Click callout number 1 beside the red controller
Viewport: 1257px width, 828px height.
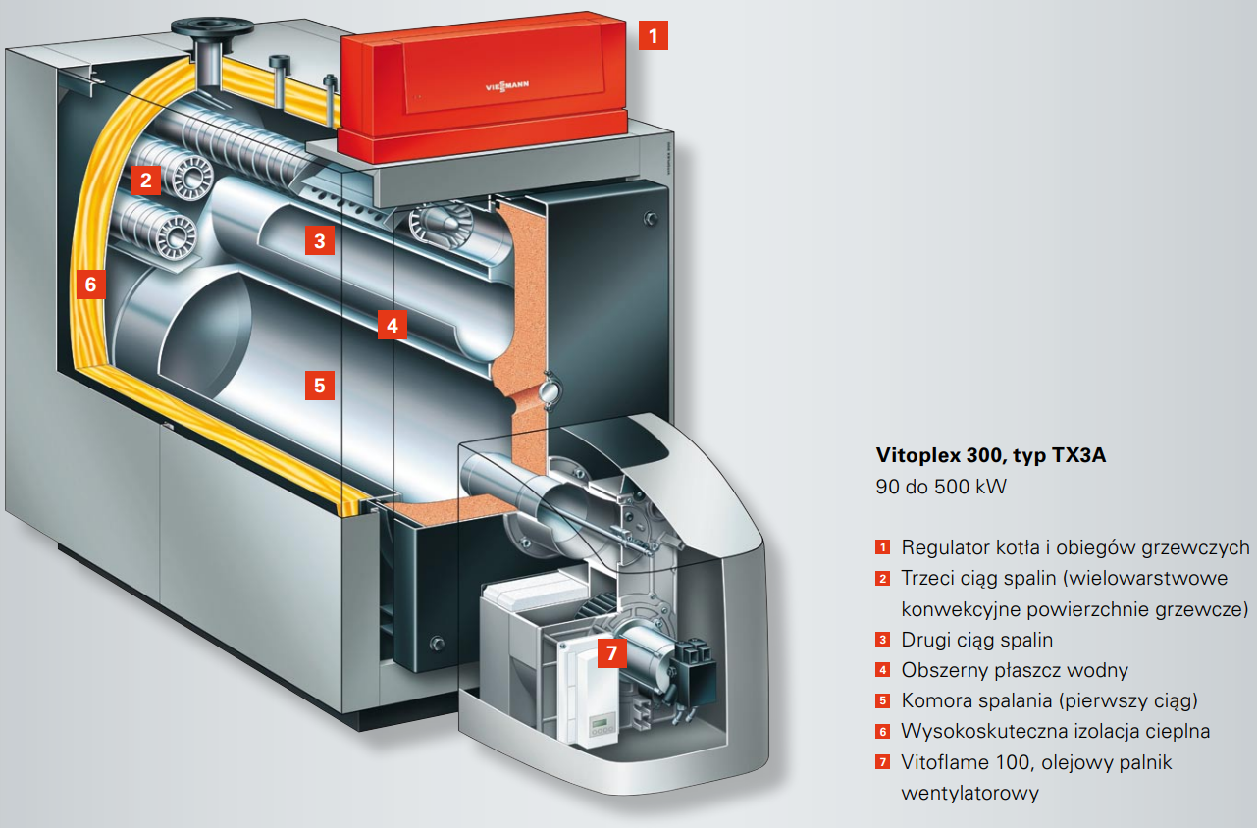tap(654, 36)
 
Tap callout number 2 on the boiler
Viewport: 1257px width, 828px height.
tap(145, 180)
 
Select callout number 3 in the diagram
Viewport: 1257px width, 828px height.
tap(319, 239)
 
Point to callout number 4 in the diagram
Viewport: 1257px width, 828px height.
tap(392, 325)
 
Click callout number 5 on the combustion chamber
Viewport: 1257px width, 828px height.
tap(319, 385)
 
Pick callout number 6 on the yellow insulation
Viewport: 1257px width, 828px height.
tap(90, 285)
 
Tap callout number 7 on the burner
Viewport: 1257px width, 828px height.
tap(611, 652)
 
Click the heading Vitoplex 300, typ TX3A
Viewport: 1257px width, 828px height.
tap(990, 456)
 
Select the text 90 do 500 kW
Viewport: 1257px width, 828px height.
tap(940, 487)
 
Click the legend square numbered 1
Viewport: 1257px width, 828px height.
tap(883, 547)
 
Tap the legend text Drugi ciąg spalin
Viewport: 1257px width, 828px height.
tap(976, 640)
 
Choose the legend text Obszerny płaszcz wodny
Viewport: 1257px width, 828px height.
tap(1015, 671)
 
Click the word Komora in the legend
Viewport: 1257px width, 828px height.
tap(933, 701)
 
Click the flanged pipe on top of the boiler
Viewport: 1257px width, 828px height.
tap(208, 39)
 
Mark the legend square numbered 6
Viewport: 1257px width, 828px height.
tap(883, 732)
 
